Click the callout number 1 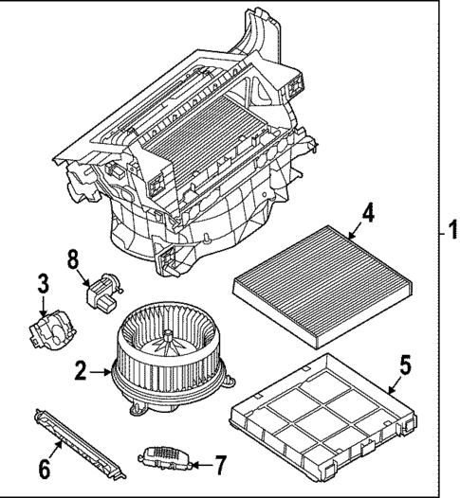click(451, 230)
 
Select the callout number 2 click(82, 370)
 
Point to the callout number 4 click(367, 213)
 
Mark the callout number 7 click(220, 465)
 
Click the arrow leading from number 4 click(351, 234)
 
